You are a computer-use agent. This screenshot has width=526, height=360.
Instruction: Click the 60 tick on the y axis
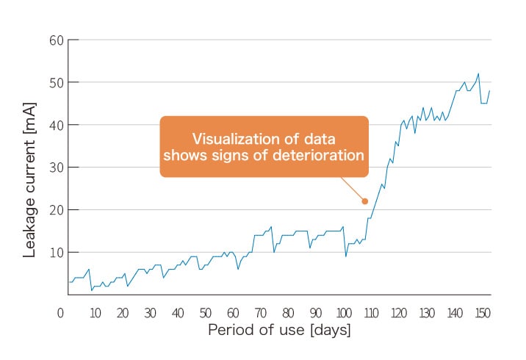click(56, 40)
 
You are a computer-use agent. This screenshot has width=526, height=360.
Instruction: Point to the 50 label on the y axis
click(56, 82)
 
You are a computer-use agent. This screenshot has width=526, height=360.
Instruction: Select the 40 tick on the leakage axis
click(56, 125)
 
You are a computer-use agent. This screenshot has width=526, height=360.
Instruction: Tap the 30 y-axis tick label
click(56, 168)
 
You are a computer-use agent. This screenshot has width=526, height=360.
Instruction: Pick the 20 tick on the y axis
click(56, 210)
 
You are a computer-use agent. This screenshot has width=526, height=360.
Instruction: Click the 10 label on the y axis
click(56, 253)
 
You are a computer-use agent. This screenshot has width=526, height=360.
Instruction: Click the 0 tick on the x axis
click(61, 313)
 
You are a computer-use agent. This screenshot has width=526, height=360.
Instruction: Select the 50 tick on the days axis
click(205, 313)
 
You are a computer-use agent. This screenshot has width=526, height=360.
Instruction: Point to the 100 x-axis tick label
click(344, 313)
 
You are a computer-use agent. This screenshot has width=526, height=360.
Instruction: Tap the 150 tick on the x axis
click(483, 313)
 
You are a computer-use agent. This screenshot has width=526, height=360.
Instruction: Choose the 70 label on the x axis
click(261, 313)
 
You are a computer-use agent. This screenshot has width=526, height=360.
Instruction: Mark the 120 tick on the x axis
click(399, 313)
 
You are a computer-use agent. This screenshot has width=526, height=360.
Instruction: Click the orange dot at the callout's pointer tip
click(364, 201)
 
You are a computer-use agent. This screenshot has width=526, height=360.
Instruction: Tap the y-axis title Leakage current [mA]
click(29, 190)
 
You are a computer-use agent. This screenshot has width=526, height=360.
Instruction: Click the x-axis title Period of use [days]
click(279, 331)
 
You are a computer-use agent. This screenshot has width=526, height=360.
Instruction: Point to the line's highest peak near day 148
click(478, 73)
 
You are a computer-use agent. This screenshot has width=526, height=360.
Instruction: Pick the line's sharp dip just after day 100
click(346, 256)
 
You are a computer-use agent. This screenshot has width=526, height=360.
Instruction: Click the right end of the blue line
click(489, 90)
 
